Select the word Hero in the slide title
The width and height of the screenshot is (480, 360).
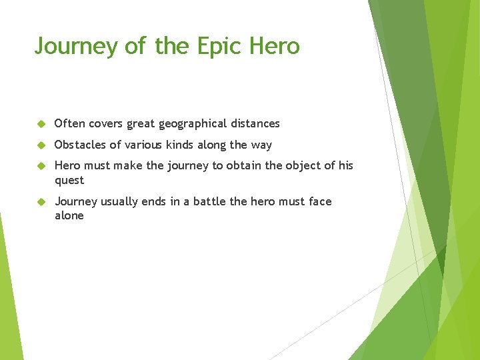coord(274,46)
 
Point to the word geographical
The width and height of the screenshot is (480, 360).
coord(191,124)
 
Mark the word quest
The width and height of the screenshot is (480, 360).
coord(69,181)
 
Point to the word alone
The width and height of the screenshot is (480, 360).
coord(69,215)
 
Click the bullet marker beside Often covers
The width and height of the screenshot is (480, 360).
coord(41,124)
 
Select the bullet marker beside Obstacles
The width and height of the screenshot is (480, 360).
coord(41,145)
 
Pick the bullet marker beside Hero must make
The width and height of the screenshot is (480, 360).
coord(41,166)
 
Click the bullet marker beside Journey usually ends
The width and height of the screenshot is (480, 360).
coord(41,202)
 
